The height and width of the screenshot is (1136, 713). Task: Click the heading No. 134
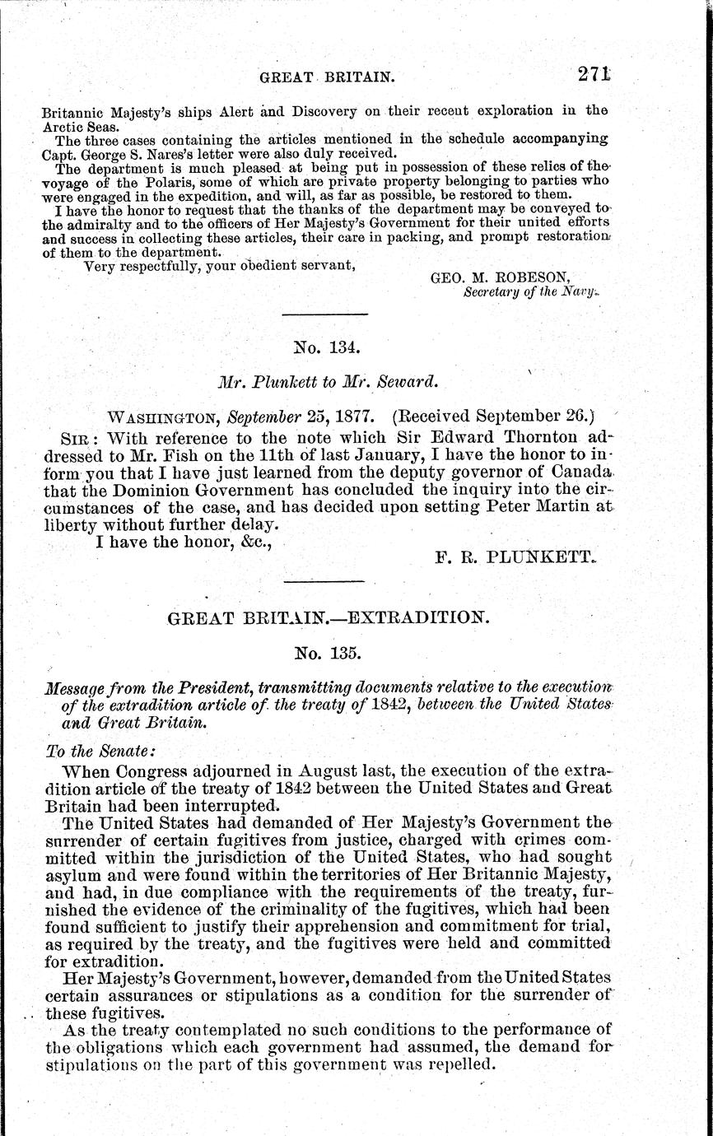click(x=326, y=347)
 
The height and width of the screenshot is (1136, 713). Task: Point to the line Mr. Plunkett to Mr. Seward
click(x=327, y=381)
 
